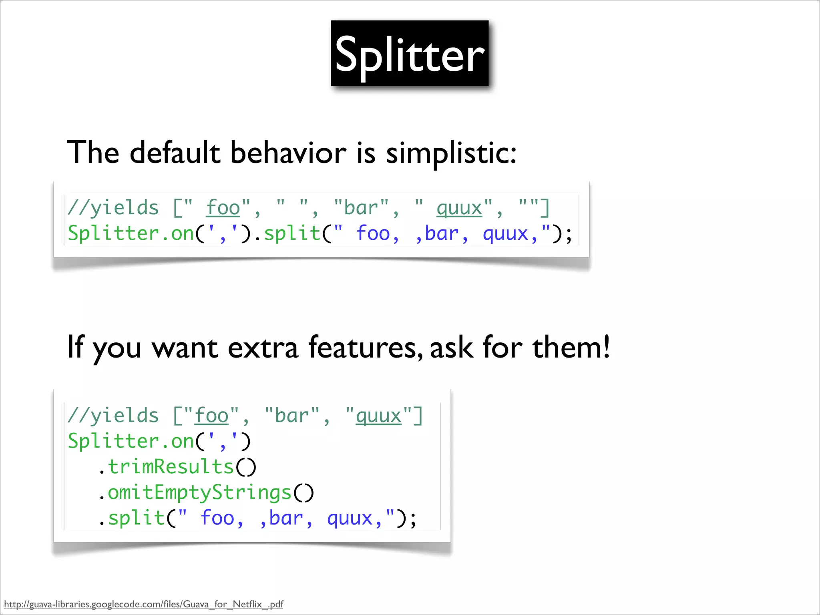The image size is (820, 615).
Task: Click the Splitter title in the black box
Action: [410, 54]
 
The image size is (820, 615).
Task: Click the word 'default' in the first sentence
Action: [175, 153]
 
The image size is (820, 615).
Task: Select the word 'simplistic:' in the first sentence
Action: [451, 153]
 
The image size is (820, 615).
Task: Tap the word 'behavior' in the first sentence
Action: [288, 153]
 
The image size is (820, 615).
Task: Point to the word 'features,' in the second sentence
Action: [365, 347]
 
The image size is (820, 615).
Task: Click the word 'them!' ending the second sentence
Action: [571, 347]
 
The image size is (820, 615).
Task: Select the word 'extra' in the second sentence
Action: [263, 347]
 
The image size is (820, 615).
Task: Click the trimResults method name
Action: [171, 467]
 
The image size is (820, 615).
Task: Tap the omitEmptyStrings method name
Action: [199, 492]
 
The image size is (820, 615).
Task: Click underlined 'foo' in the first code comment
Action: [223, 208]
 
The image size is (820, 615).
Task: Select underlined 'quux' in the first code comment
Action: [459, 208]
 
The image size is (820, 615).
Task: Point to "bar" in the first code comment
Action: [361, 208]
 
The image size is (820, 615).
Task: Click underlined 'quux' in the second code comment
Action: [378, 416]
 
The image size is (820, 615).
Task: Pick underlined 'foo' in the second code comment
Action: [211, 416]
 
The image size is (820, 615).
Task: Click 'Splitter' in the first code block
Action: [114, 233]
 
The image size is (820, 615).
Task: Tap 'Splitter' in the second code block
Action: [114, 441]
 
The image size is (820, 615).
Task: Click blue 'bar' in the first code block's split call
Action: [442, 233]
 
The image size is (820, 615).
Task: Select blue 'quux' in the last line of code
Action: [350, 518]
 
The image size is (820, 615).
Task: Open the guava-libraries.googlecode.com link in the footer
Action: [143, 604]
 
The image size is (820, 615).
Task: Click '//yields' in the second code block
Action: [113, 416]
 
